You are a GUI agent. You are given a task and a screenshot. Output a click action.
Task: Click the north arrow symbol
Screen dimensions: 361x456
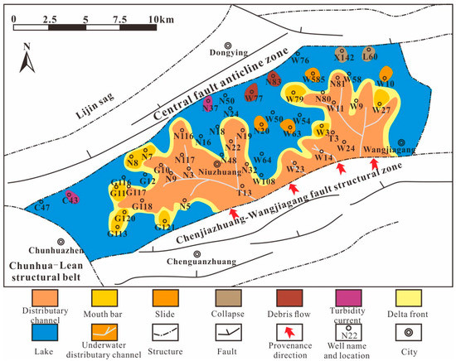[27, 58]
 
